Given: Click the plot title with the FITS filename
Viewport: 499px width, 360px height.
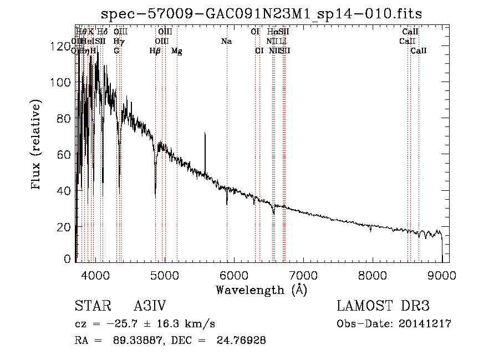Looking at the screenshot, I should (x=267, y=14).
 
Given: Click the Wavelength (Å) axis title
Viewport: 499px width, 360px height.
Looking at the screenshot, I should (x=261, y=290).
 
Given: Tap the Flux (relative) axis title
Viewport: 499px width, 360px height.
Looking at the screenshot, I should (x=37, y=145).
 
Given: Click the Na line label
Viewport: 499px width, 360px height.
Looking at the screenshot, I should (x=226, y=41).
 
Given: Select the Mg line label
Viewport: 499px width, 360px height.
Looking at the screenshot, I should (x=176, y=51).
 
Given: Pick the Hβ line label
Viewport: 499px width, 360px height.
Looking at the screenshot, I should (x=155, y=51).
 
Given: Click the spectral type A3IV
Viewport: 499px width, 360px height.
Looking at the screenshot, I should (x=150, y=307).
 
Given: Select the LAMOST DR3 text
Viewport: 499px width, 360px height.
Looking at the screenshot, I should (x=383, y=307).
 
